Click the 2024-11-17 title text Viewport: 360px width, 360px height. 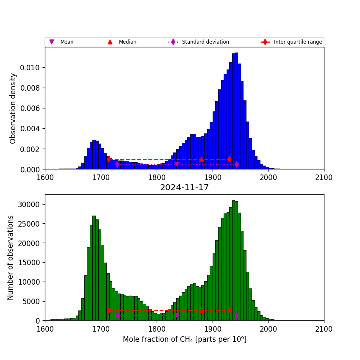pos(184,188)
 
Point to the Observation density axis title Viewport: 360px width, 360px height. pos(13,108)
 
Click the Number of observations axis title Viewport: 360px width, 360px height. pos(11,258)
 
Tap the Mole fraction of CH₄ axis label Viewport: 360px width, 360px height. pos(184,339)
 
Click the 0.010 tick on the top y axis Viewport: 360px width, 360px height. pos(31,68)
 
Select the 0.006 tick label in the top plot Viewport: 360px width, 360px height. pos(31,108)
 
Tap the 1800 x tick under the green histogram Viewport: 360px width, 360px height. pos(157,329)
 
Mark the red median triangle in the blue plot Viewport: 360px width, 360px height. pos(201,159)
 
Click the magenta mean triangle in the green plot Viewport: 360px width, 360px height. pos(177,316)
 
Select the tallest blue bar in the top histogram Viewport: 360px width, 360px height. pos(236,110)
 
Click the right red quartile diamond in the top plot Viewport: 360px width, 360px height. pos(229,159)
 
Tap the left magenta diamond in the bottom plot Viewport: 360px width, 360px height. pos(117,316)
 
